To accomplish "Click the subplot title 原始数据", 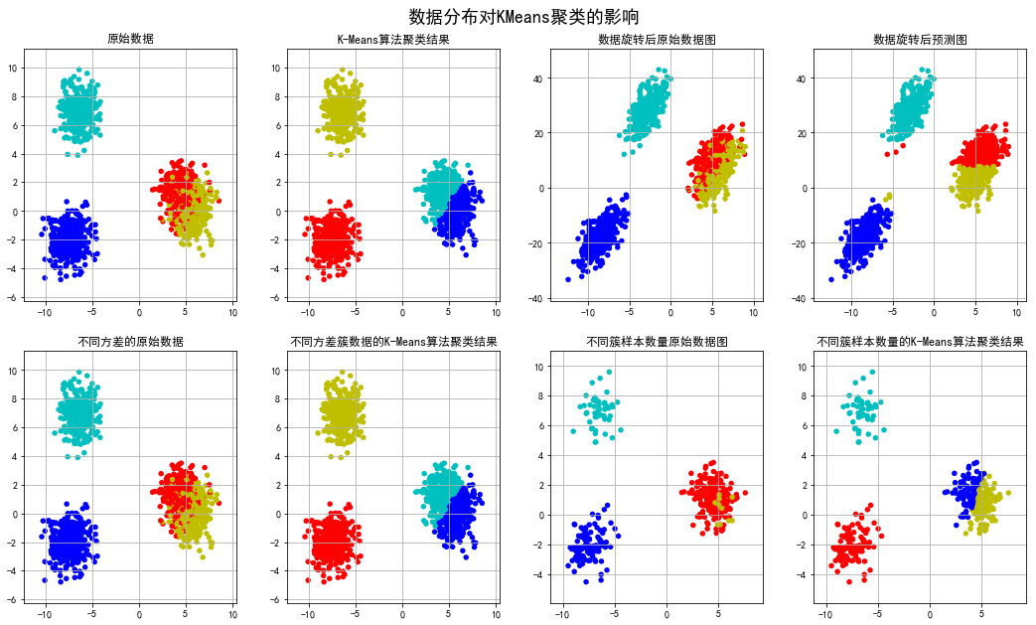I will click(x=138, y=40).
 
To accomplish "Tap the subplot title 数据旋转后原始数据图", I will click(x=657, y=40).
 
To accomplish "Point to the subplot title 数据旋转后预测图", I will click(x=920, y=40).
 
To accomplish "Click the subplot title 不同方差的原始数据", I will click(x=138, y=342).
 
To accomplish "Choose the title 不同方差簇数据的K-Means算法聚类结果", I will click(x=393, y=342).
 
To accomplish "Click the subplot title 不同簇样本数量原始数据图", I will click(x=657, y=342).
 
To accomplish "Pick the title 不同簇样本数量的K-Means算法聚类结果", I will click(x=920, y=342).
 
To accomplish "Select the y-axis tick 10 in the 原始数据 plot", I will click(x=29, y=69).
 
